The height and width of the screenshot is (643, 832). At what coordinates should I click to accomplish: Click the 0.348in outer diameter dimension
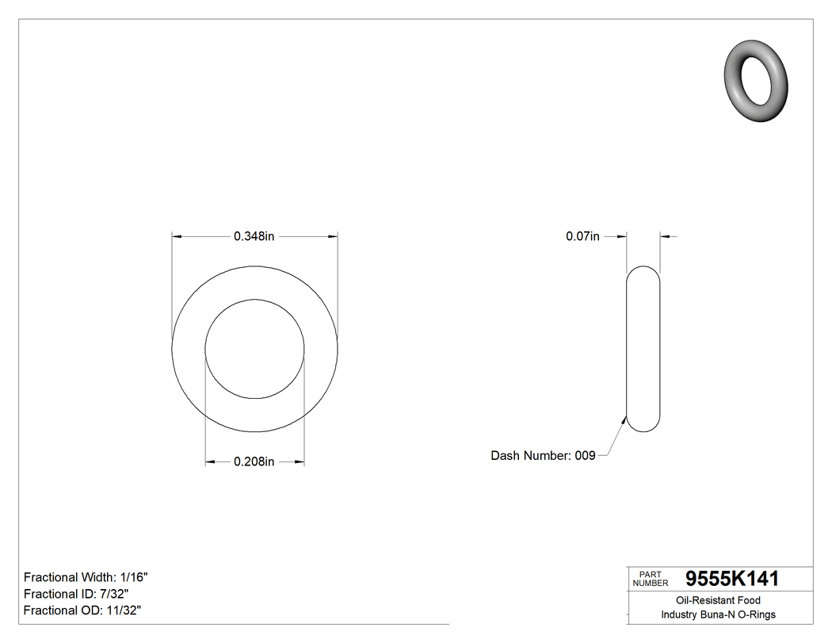[254, 236]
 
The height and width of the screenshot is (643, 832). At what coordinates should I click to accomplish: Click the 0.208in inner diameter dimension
[254, 462]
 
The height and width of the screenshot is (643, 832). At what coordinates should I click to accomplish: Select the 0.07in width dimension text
[582, 236]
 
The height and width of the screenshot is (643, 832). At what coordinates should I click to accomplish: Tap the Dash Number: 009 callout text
[543, 456]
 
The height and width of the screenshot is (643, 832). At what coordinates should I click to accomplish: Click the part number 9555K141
[732, 579]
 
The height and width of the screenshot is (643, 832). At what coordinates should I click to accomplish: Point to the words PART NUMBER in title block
[650, 579]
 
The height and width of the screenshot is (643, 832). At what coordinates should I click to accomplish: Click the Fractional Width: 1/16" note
[86, 577]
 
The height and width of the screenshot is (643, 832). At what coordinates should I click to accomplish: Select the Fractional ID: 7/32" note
[76, 594]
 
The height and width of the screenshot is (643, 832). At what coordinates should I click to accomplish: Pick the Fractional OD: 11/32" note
[82, 610]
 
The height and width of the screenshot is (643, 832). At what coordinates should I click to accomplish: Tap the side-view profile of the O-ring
[643, 349]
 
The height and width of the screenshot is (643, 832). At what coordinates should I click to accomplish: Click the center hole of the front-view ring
[254, 349]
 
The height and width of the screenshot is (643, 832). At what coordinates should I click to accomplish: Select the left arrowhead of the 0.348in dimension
[177, 236]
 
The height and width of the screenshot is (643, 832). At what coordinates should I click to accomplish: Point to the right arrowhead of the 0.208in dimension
[300, 462]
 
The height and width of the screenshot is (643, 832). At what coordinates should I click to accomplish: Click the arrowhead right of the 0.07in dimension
[665, 236]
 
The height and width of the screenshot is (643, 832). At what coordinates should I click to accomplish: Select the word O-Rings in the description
[758, 614]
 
